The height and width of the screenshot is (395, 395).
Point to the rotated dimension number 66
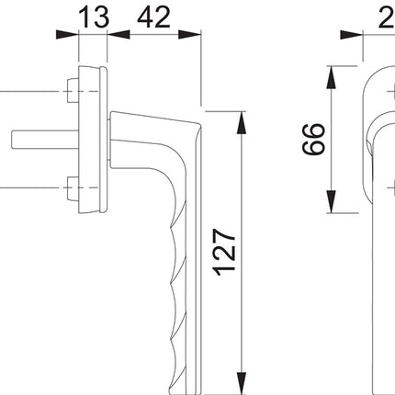315,139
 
